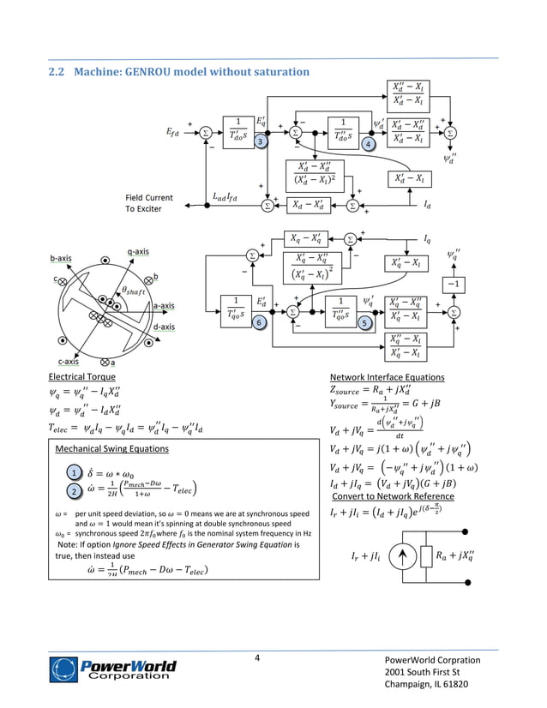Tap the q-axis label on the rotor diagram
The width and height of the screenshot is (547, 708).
pyautogui.click(x=138, y=251)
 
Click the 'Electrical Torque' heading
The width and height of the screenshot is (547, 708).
pyautogui.click(x=81, y=376)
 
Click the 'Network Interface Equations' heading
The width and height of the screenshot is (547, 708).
pyautogui.click(x=387, y=376)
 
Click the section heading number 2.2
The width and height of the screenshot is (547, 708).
pyautogui.click(x=57, y=71)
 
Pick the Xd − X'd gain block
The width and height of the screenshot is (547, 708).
pyautogui.click(x=309, y=205)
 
